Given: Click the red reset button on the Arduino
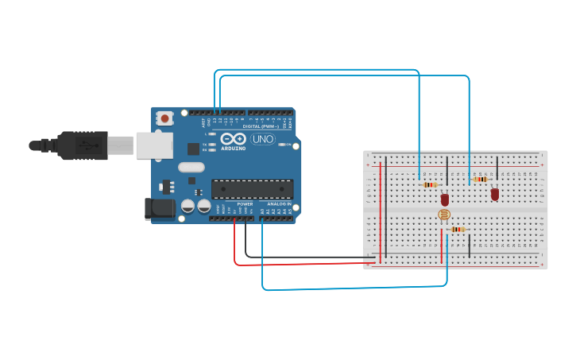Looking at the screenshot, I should click(164, 118).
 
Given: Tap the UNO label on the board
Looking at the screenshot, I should click(262, 139).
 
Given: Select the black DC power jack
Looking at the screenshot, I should click(158, 209).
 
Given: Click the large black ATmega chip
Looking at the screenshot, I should click(252, 189).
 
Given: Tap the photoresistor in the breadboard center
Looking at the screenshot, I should click(443, 215).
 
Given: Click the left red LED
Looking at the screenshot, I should click(445, 199).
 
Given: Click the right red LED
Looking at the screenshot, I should click(495, 193).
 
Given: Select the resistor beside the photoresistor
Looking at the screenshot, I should click(457, 230).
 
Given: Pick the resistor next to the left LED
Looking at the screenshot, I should click(430, 185).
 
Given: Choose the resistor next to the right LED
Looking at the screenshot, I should click(480, 180).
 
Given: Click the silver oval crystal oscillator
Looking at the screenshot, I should click(191, 167).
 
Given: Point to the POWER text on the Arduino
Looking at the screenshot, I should click(245, 203).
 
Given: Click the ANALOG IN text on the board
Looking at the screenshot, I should click(278, 203).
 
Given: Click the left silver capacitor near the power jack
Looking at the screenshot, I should click(188, 206).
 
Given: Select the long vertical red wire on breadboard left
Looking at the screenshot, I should click(381, 211).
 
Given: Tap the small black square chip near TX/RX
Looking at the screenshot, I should click(193, 149).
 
